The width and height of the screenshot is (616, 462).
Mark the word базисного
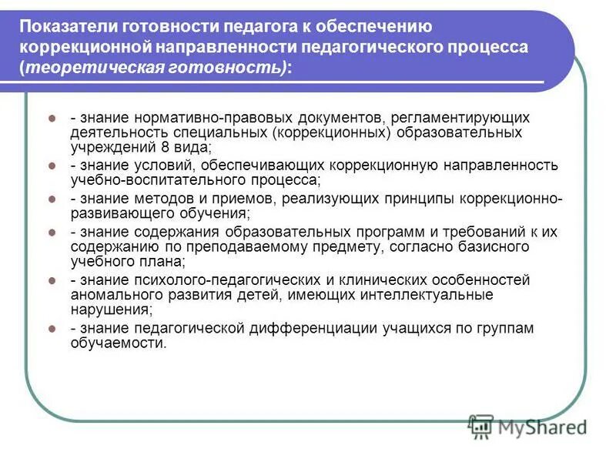pyautogui.click(x=491, y=246)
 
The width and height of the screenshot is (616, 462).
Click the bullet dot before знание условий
pyautogui.click(x=52, y=166)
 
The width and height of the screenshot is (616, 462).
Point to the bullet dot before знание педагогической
pyautogui.click(x=52, y=328)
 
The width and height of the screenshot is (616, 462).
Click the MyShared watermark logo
pyautogui.click(x=527, y=426)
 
